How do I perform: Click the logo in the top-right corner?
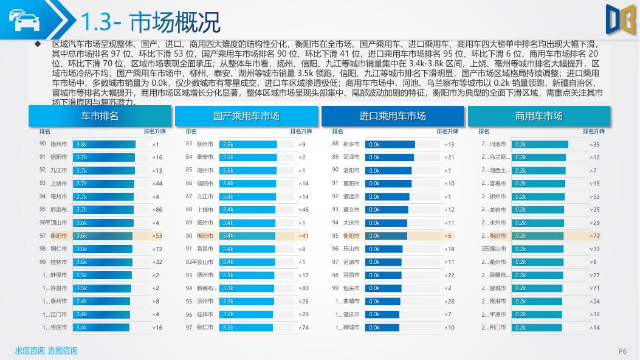[x=620, y=18]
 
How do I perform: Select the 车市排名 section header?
[x=100, y=116]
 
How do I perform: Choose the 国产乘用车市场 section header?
[x=246, y=116]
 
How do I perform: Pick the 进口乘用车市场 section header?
[x=393, y=116]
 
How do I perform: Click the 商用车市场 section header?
[x=538, y=116]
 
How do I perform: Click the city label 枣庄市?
[x=58, y=327]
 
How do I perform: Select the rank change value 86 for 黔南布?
[x=158, y=210]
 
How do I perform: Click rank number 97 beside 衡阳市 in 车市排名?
[x=43, y=236]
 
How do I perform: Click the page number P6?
[x=622, y=351]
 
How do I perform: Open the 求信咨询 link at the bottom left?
[x=30, y=350]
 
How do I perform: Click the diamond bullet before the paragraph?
[x=38, y=44]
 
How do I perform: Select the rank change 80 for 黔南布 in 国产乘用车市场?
[x=305, y=288]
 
